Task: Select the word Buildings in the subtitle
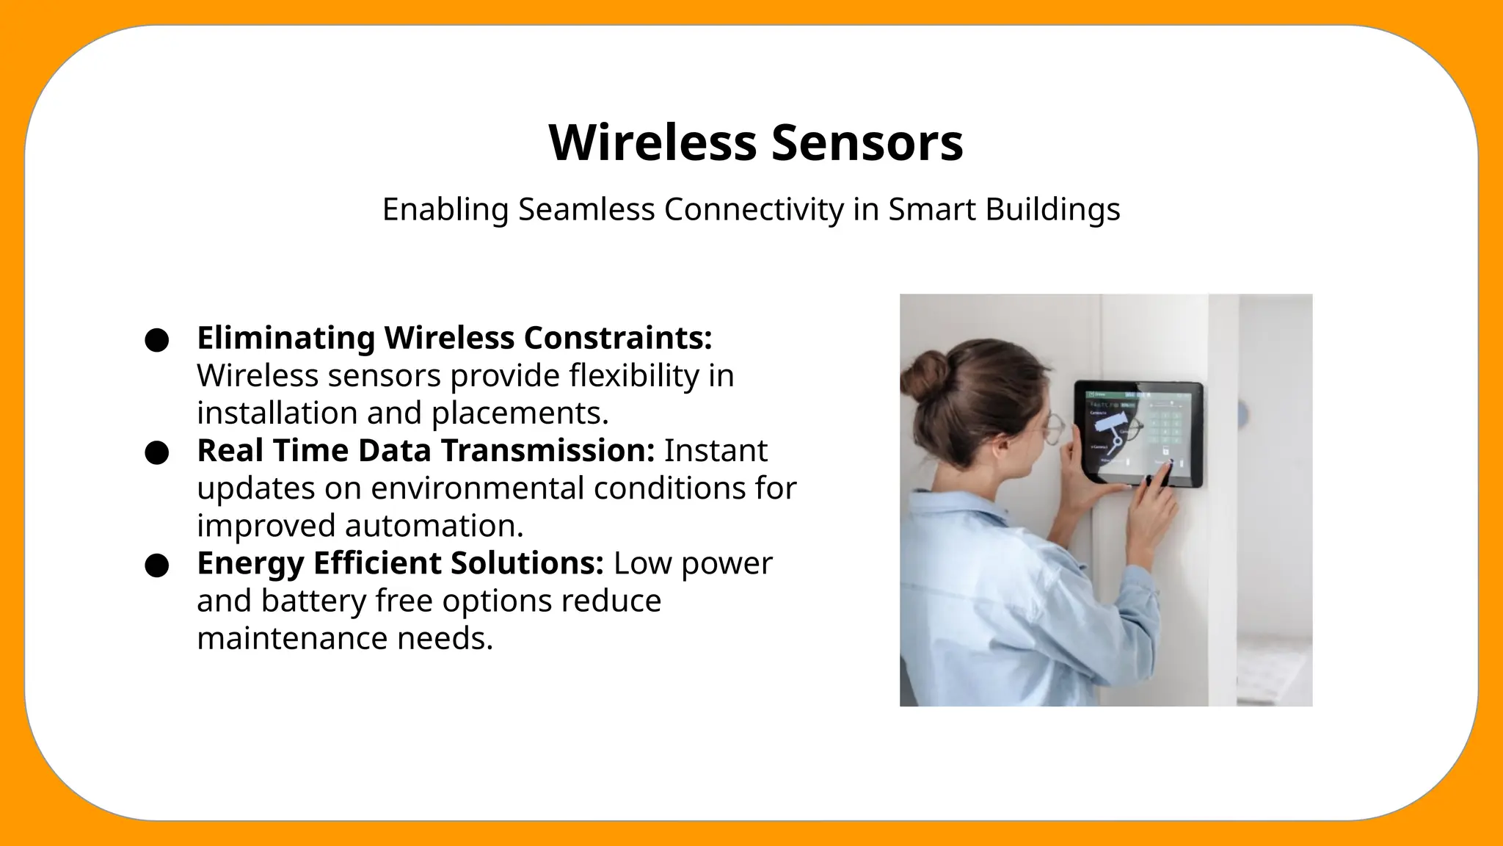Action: [1052, 209]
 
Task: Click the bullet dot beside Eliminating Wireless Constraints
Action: [157, 341]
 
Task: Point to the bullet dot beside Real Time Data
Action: [157, 453]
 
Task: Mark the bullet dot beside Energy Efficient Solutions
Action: [157, 565]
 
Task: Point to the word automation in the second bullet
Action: [433, 526]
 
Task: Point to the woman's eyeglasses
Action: [1054, 427]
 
